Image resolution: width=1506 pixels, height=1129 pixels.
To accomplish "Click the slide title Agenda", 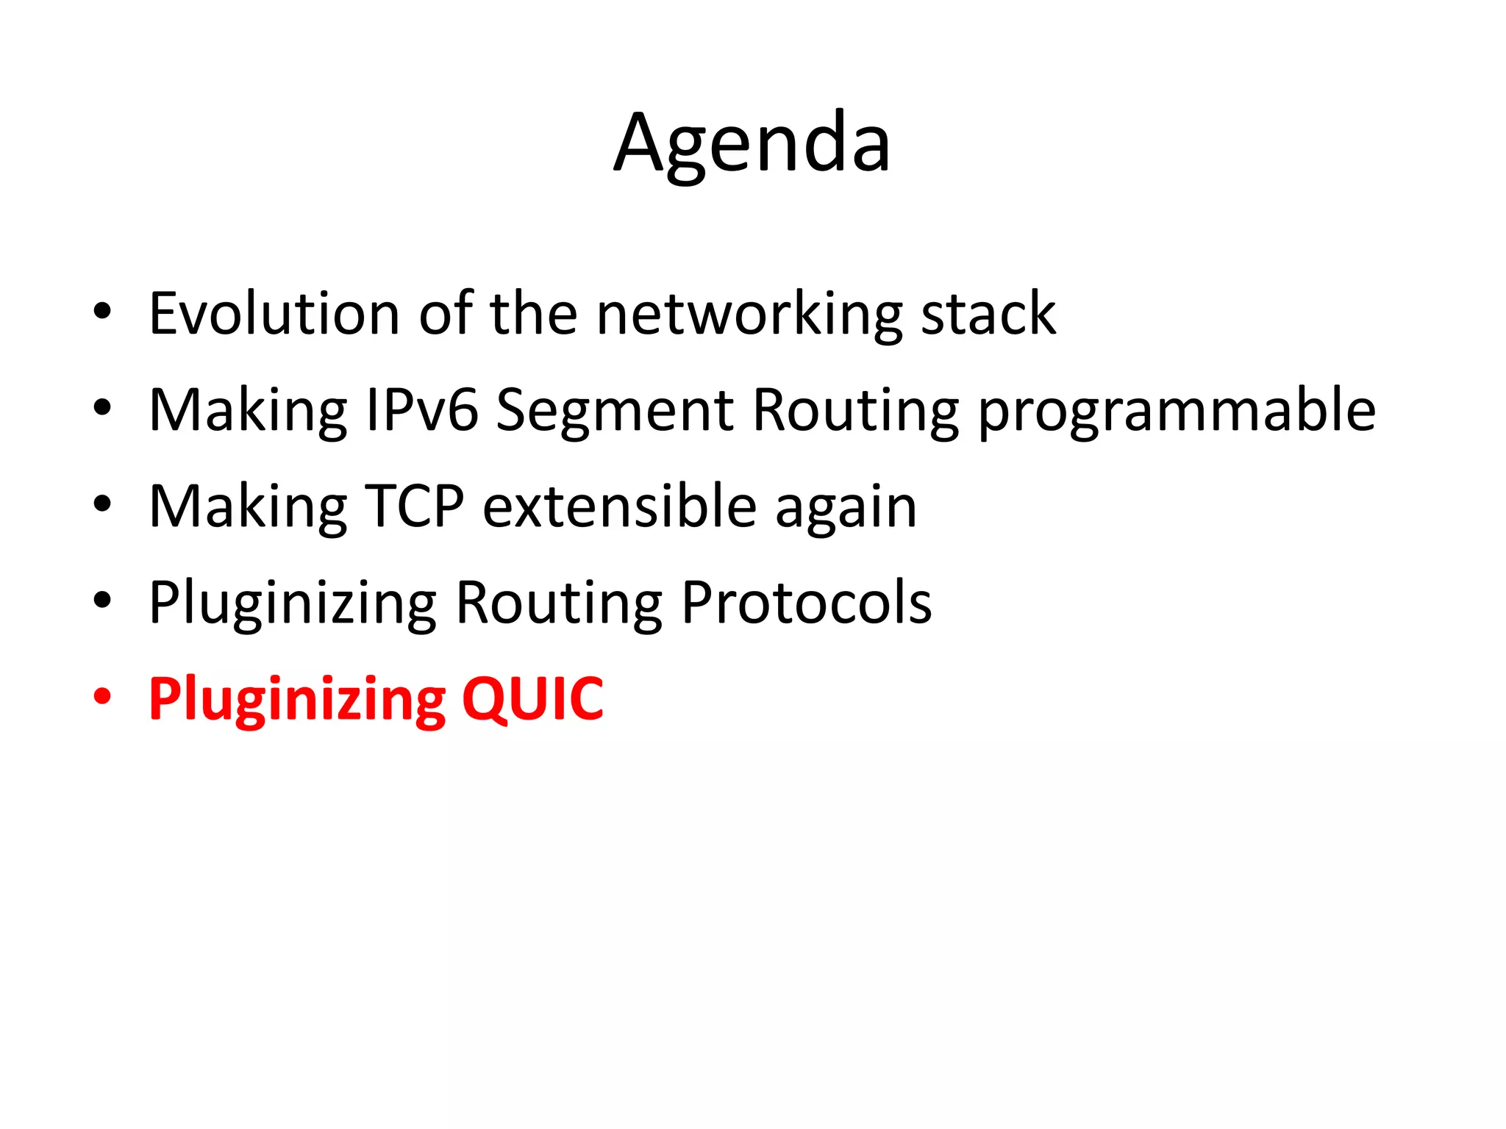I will (752, 143).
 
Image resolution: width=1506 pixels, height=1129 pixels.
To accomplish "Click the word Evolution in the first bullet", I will (274, 314).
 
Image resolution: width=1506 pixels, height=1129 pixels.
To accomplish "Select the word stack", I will (988, 314).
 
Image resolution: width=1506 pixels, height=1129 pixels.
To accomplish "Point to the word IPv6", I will (422, 410).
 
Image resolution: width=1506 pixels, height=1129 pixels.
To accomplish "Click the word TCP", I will (415, 506).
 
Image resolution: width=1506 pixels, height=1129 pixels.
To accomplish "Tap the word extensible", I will (620, 506).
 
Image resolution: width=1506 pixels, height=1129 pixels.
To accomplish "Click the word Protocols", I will (806, 603).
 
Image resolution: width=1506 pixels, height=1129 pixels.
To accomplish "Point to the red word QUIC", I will (532, 699).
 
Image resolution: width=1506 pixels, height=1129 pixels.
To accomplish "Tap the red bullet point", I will (102, 696).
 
